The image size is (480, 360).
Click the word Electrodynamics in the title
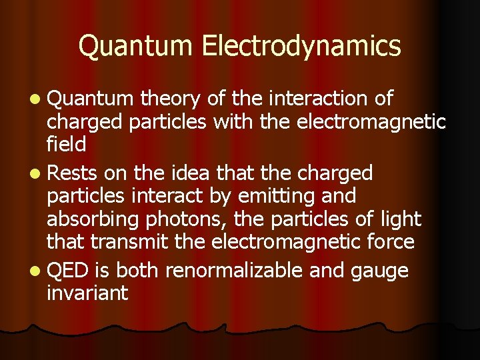(x=301, y=47)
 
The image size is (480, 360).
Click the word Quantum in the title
(x=137, y=46)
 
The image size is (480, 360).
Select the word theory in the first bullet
(x=171, y=99)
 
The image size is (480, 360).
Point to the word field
(x=66, y=145)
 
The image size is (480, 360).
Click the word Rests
(x=73, y=173)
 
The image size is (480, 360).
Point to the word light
(x=399, y=219)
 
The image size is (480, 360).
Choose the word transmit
(x=126, y=241)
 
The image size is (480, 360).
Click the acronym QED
(x=68, y=270)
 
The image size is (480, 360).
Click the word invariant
(x=87, y=293)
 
